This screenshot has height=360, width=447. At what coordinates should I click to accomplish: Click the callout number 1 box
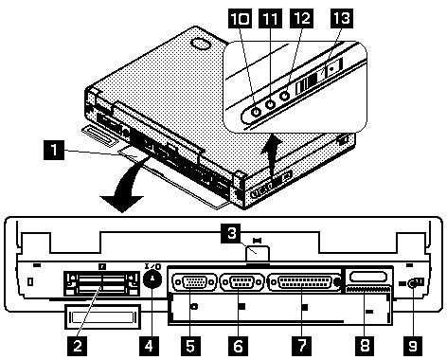[x=54, y=150]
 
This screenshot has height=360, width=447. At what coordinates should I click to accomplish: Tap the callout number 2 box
[x=77, y=346]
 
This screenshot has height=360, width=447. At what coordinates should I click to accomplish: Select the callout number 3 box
[x=232, y=234]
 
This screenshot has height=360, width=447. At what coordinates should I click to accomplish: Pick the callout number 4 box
[x=149, y=346]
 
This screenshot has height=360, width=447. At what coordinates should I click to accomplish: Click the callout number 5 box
[x=190, y=346]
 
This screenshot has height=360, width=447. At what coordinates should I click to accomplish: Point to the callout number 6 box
[x=238, y=346]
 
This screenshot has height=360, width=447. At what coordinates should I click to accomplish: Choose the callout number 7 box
[x=301, y=346]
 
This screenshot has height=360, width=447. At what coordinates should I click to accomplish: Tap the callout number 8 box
[x=365, y=346]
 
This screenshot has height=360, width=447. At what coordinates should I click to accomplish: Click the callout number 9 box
[x=413, y=346]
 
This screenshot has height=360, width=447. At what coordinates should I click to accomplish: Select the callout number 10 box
[x=240, y=19]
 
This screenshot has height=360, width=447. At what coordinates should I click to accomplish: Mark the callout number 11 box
[x=270, y=19]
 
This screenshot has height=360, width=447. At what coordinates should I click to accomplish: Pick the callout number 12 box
[x=302, y=19]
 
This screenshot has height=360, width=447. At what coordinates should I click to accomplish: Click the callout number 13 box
[x=342, y=19]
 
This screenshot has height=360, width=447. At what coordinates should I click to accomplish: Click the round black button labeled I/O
[x=152, y=279]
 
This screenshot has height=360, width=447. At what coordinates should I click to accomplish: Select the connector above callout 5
[x=195, y=281]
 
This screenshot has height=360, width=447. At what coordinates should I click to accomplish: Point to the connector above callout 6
[x=241, y=281]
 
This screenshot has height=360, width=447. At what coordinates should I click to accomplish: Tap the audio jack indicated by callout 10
[x=256, y=112]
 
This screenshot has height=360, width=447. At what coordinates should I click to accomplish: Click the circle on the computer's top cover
[x=202, y=44]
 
